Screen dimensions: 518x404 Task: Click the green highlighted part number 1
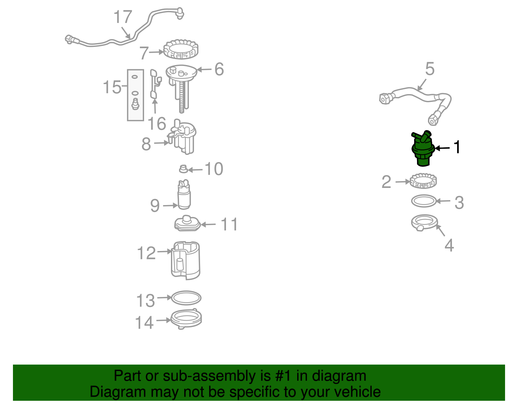[422, 149]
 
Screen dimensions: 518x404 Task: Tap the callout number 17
[123, 17]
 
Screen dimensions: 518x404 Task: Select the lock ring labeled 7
[181, 49]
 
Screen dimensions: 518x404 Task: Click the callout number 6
[219, 69]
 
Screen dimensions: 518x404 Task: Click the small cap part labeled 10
[183, 169]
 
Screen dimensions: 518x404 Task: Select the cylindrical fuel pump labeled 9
[184, 194]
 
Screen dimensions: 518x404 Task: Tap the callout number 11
[229, 224]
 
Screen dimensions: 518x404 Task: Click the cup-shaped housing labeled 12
[186, 261]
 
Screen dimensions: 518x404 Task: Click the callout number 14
[144, 323]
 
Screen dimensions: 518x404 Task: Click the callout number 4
[449, 245]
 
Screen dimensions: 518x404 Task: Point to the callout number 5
[430, 69]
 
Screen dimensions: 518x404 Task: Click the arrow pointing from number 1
[442, 148]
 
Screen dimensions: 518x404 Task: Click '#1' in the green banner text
[283, 376]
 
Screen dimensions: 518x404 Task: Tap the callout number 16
[157, 124]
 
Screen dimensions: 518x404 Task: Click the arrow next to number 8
[162, 143]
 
